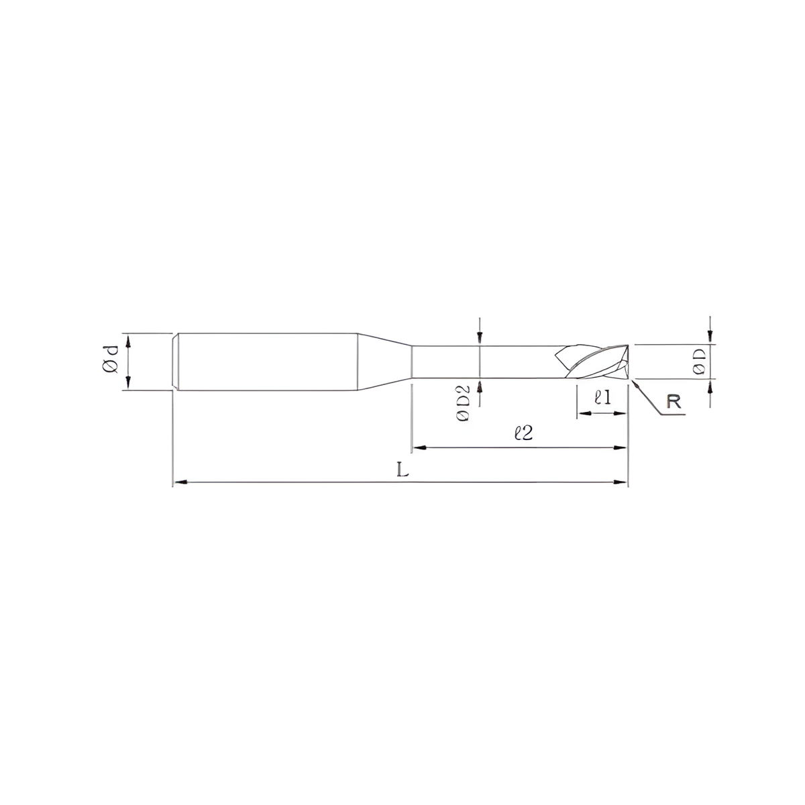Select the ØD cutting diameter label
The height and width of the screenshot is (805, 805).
click(x=699, y=362)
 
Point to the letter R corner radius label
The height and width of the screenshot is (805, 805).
click(x=674, y=401)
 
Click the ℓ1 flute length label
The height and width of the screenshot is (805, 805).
click(x=603, y=397)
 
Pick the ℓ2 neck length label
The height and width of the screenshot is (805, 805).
click(x=523, y=433)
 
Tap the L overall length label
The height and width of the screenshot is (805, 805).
click(x=402, y=471)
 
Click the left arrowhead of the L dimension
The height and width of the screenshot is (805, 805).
click(x=180, y=482)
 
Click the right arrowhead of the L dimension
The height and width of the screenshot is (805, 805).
click(x=621, y=482)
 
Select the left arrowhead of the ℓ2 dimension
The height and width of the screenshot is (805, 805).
click(x=419, y=447)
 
